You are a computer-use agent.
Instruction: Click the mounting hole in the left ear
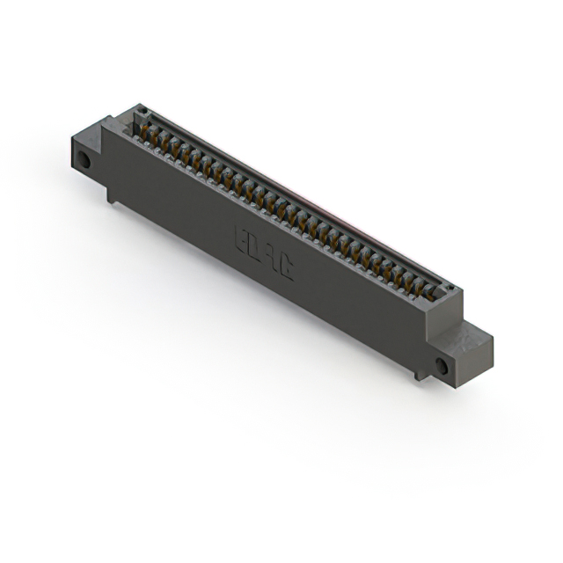click(84, 162)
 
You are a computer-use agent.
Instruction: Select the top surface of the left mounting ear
click(89, 139)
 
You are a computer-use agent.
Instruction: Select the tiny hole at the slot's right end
click(450, 288)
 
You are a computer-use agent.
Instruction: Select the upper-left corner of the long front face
click(104, 123)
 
